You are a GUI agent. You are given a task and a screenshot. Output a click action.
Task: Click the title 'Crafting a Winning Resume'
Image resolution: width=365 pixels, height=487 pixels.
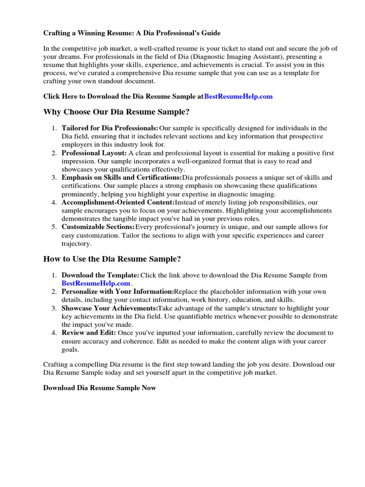point(132,33)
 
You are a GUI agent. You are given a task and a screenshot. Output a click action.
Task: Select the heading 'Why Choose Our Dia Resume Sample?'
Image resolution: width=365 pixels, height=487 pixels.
point(116,112)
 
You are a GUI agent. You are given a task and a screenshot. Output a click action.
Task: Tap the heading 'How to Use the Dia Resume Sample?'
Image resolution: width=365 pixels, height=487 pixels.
point(112,259)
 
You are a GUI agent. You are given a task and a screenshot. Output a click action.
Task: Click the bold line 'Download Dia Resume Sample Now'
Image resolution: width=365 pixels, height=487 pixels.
point(99,388)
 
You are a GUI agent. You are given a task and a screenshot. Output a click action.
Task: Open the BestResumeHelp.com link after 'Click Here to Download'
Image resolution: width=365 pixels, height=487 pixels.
point(238,96)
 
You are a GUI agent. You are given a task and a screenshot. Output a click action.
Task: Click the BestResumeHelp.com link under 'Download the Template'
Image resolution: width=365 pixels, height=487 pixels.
point(96,283)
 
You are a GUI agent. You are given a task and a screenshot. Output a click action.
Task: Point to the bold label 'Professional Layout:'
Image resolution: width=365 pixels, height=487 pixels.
point(94,153)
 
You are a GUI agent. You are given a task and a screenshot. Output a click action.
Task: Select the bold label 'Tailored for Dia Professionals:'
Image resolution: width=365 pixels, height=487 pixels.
point(110,128)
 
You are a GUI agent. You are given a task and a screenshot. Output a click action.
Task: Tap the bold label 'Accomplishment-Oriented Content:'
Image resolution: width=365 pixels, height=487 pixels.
point(118,203)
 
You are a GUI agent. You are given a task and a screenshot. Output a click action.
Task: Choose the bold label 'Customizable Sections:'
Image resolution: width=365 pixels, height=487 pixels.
point(98,227)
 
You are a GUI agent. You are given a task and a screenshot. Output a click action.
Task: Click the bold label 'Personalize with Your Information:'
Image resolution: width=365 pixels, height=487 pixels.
point(117,292)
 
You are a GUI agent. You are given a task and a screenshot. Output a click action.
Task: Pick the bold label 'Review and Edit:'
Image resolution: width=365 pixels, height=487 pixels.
point(88,333)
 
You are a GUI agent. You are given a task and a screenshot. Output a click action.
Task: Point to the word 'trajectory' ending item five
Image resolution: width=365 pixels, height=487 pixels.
point(76,243)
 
